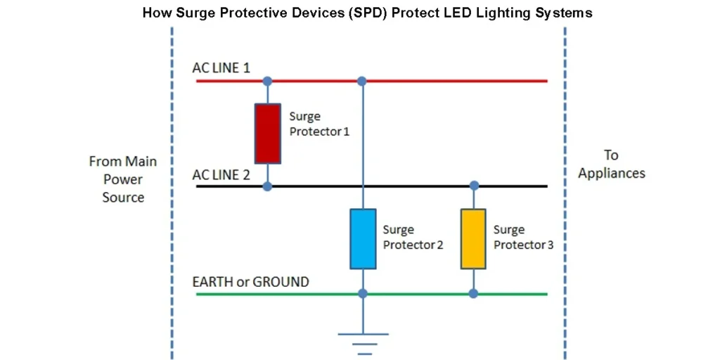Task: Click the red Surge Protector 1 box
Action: pos(267,134)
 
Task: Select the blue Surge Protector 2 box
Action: pos(363,238)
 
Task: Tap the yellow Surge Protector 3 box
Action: pos(473,238)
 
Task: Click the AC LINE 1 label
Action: pos(221,68)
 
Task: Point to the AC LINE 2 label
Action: pos(221,174)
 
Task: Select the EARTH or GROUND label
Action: pos(250,282)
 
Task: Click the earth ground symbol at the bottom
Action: pos(363,342)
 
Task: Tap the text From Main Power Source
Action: pos(123,179)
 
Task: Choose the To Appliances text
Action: pos(611,164)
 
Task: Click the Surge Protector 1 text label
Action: pos(319,124)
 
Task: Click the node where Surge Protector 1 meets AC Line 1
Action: pos(267,82)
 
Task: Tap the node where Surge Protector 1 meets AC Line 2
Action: pos(267,186)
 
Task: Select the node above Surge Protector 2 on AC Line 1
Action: pos(362,82)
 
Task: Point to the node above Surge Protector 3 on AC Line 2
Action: pos(474,186)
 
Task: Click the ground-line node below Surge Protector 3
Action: pos(473,293)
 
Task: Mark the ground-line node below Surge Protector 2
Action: pos(363,293)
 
